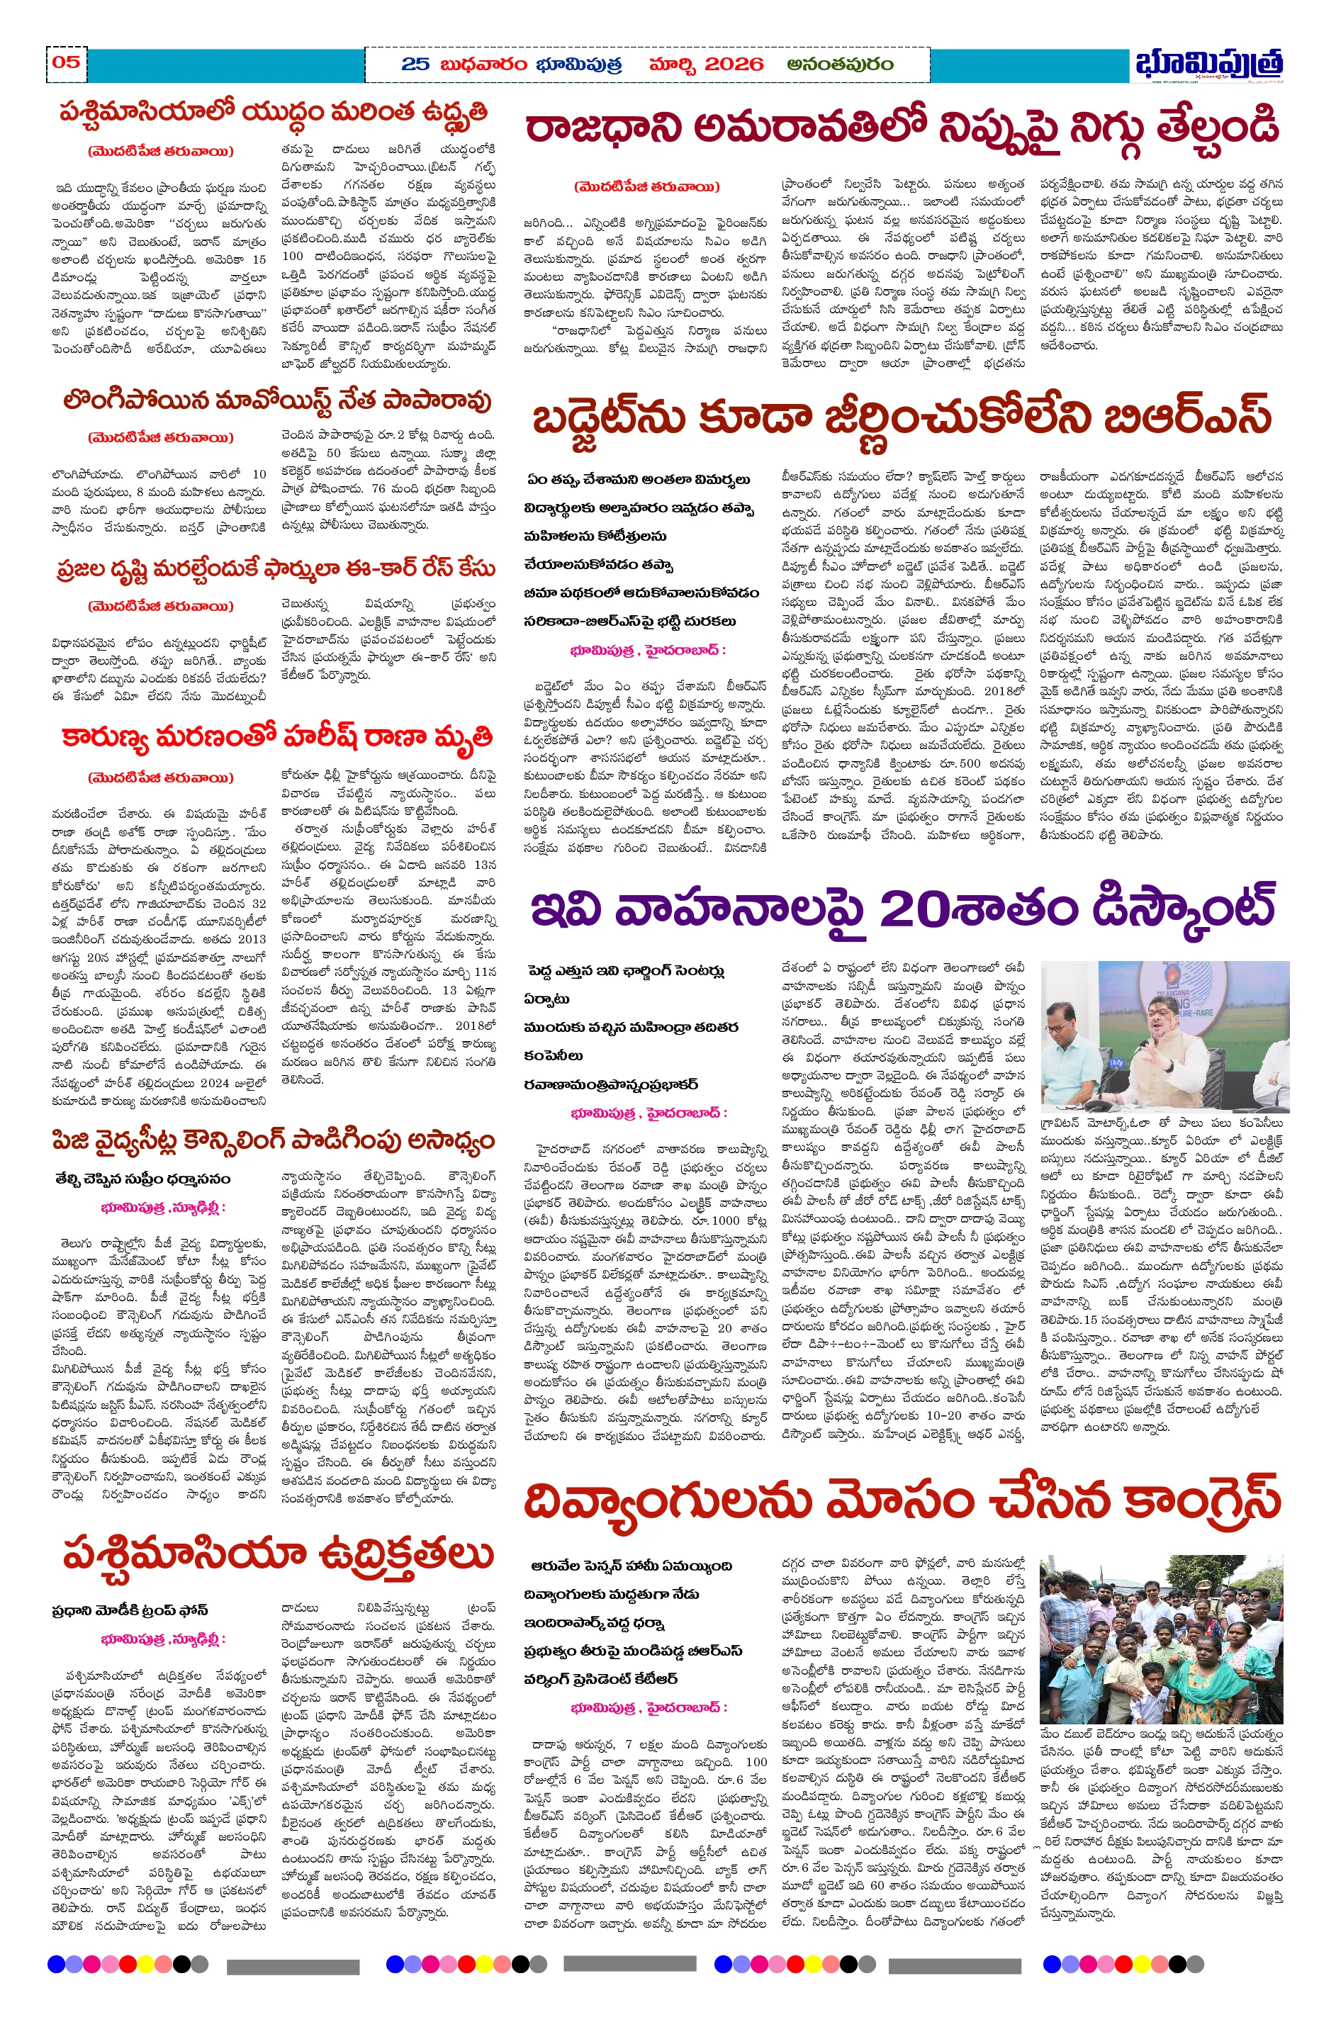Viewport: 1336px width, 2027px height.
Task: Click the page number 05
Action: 66,62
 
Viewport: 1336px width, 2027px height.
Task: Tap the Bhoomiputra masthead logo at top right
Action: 1209,63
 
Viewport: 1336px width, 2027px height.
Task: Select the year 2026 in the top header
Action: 734,64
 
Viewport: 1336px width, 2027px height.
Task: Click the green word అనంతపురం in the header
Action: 839,64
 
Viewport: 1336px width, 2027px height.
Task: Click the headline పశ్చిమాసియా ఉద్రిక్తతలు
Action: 276,1554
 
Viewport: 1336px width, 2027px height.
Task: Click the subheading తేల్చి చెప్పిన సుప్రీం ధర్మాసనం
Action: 142,1179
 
